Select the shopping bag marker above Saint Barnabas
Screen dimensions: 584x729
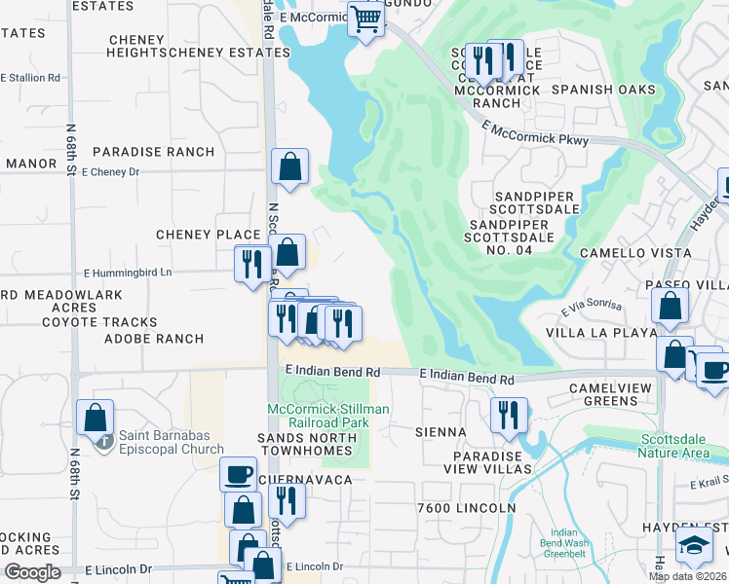pos(96,418)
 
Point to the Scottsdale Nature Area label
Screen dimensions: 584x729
pos(678,446)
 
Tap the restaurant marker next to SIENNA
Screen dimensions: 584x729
pos(509,414)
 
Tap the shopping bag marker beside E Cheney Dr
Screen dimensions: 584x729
pos(290,166)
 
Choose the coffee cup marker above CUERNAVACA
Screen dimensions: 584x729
pos(236,475)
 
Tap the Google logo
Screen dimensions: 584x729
pos(33,572)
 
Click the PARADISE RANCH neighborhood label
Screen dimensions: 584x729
pos(154,152)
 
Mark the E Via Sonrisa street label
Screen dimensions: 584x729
pos(592,308)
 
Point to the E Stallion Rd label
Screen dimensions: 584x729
pos(31,77)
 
